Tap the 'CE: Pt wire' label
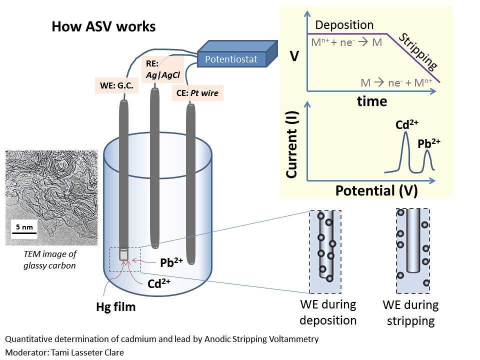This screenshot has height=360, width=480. tap(197, 92)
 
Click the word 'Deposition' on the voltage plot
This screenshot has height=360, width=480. tap(344, 25)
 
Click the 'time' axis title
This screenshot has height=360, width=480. tap(371, 101)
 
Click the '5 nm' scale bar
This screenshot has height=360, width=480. tap(24, 228)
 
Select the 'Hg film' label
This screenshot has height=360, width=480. tap(115, 306)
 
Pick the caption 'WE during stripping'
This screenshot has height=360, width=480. tap(410, 312)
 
